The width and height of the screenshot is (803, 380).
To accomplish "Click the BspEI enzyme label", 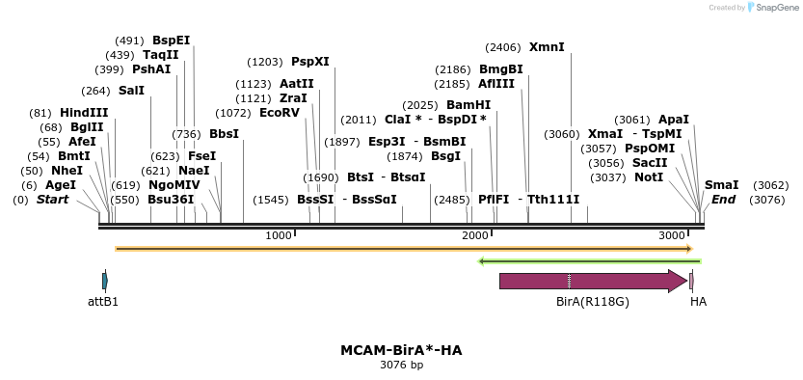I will [171, 41].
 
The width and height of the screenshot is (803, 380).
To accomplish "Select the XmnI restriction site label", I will [547, 46].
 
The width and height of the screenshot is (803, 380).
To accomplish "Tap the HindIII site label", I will [84, 113].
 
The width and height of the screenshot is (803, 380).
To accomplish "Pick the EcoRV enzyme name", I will [280, 113].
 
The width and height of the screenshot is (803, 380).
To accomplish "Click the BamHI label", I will [468, 105].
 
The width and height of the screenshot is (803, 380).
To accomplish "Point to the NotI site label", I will [649, 177].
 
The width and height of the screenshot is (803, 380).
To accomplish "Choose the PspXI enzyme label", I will [309, 62].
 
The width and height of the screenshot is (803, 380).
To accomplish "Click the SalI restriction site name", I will [131, 91].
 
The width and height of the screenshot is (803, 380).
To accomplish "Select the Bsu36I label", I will [171, 200].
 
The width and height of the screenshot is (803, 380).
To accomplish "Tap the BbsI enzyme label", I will [224, 134].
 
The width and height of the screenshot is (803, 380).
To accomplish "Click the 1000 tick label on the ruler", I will [279, 236].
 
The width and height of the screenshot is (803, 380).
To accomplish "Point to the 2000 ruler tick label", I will [475, 236].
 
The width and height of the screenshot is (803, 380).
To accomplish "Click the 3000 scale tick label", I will [672, 236].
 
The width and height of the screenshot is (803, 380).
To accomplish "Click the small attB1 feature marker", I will [104, 281].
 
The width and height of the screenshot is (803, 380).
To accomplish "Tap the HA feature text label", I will [698, 301].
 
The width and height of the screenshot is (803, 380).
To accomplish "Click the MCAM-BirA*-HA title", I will [401, 350].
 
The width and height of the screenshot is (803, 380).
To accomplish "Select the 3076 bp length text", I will [401, 366].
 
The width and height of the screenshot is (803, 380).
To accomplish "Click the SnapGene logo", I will [772, 8].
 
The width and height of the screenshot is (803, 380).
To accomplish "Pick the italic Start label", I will [53, 200].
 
